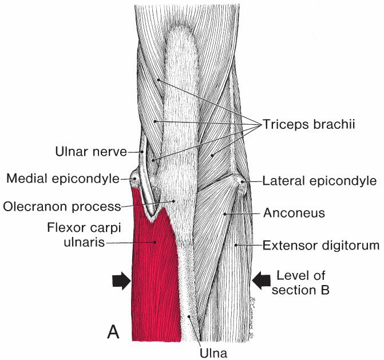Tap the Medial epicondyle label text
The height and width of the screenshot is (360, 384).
coord(62,179)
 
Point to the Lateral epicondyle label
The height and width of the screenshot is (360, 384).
coord(319,181)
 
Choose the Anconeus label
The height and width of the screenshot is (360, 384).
coord(294,213)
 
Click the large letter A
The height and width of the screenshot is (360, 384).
coord(114,331)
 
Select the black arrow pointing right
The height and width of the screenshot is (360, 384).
coord(122,280)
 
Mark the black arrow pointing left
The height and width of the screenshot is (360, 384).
coord(261,280)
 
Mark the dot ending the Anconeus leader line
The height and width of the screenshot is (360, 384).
coord(225,214)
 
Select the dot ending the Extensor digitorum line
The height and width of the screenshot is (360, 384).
coord(236,246)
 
